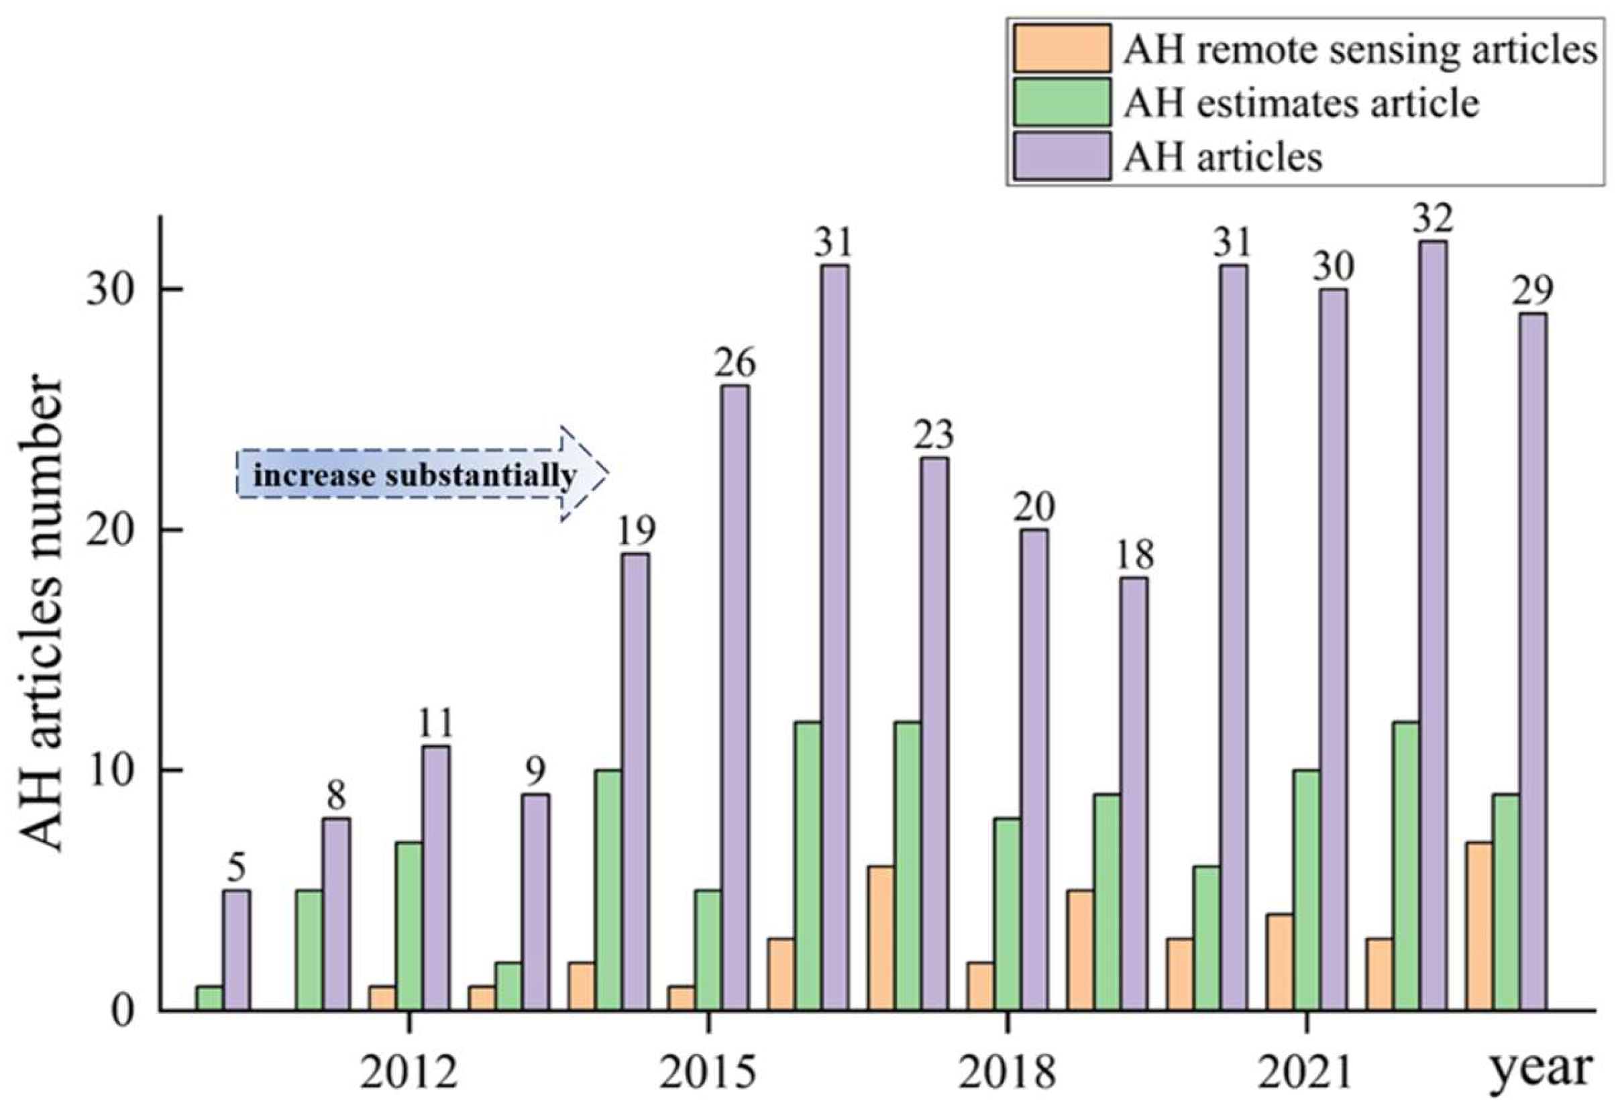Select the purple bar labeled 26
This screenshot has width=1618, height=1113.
(735, 697)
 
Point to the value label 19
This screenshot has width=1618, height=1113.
(637, 531)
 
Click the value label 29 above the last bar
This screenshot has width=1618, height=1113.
(1533, 290)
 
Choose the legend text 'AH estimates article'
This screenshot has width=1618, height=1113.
(1301, 103)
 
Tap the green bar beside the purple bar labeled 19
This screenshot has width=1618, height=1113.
(609, 890)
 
